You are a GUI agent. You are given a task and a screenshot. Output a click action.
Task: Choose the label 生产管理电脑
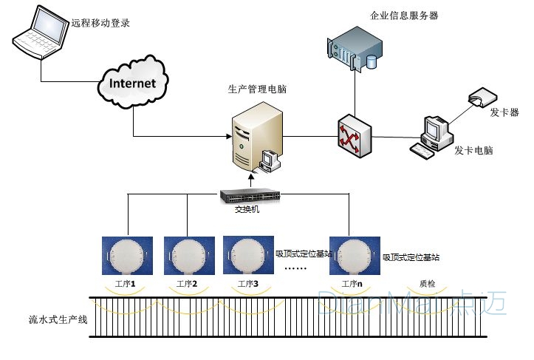pyautogui.click(x=258, y=89)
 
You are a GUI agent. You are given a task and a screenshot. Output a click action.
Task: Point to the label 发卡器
pyautogui.click(x=504, y=112)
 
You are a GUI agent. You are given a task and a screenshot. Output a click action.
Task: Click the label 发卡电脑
pyautogui.click(x=473, y=151)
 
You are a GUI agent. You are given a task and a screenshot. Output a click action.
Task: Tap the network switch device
pyautogui.click(x=251, y=196)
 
